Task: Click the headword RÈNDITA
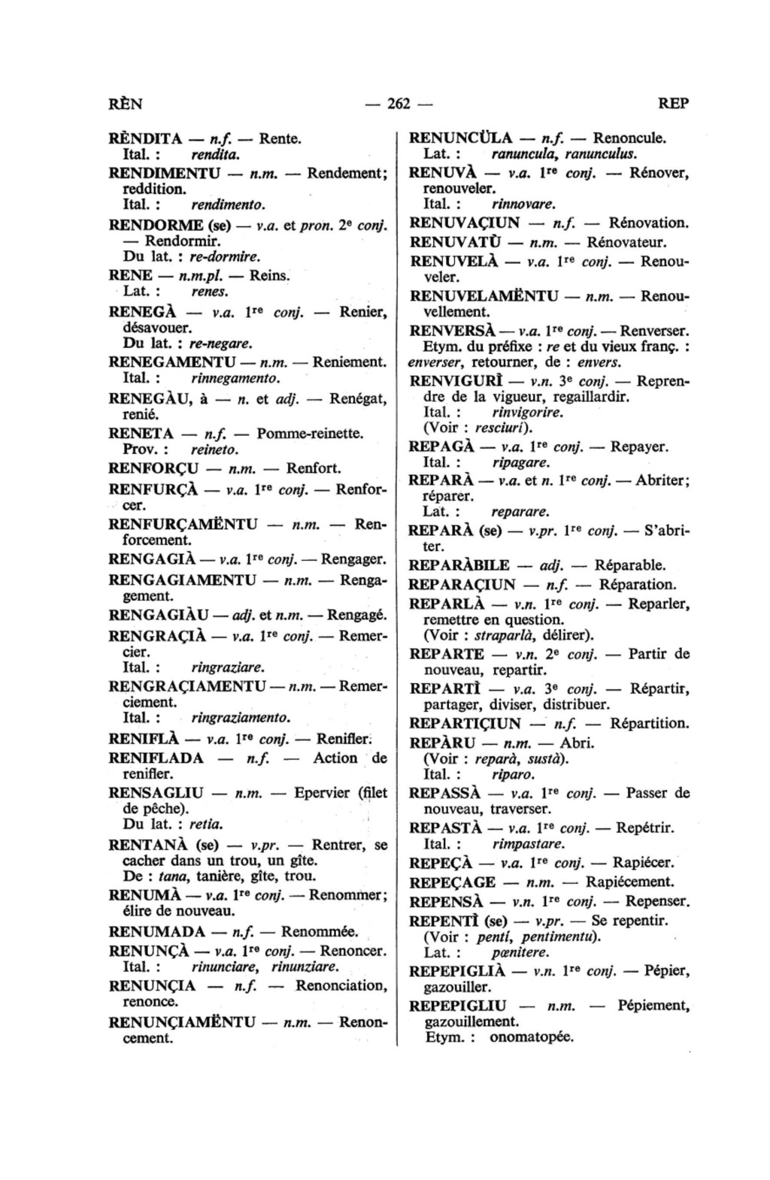click(x=146, y=138)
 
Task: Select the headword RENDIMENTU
click(x=164, y=173)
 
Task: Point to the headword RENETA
click(x=141, y=434)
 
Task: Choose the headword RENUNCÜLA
click(x=460, y=138)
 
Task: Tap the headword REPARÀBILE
click(x=459, y=565)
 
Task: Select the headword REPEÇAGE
click(x=452, y=882)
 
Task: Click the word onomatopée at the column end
click(x=531, y=1038)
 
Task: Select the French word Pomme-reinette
click(x=310, y=434)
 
